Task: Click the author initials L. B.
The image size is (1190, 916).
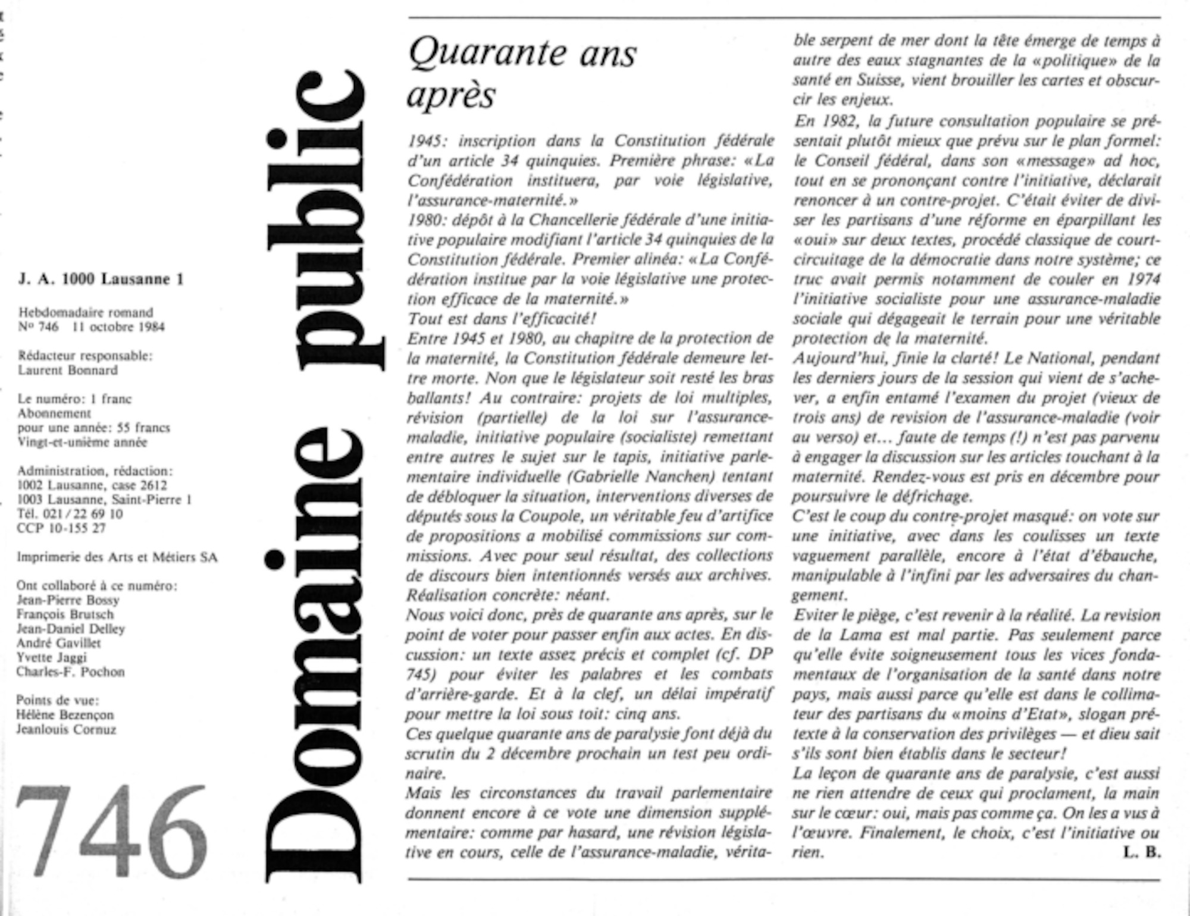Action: [1141, 852]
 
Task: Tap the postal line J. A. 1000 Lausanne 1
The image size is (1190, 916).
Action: [101, 279]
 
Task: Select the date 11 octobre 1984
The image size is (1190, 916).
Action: [118, 327]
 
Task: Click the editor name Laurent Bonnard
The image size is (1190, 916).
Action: [68, 370]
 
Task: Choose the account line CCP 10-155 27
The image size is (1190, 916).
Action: [61, 528]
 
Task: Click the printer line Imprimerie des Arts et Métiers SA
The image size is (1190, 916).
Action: [117, 557]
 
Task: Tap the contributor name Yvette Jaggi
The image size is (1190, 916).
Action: [52, 657]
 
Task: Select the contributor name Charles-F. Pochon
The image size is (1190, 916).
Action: [71, 672]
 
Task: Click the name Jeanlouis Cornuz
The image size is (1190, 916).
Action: [66, 729]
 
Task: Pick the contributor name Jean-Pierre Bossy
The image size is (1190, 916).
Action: [68, 600]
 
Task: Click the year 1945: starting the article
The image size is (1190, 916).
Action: [427, 141]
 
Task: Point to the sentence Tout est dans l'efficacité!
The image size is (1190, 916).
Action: [502, 319]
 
